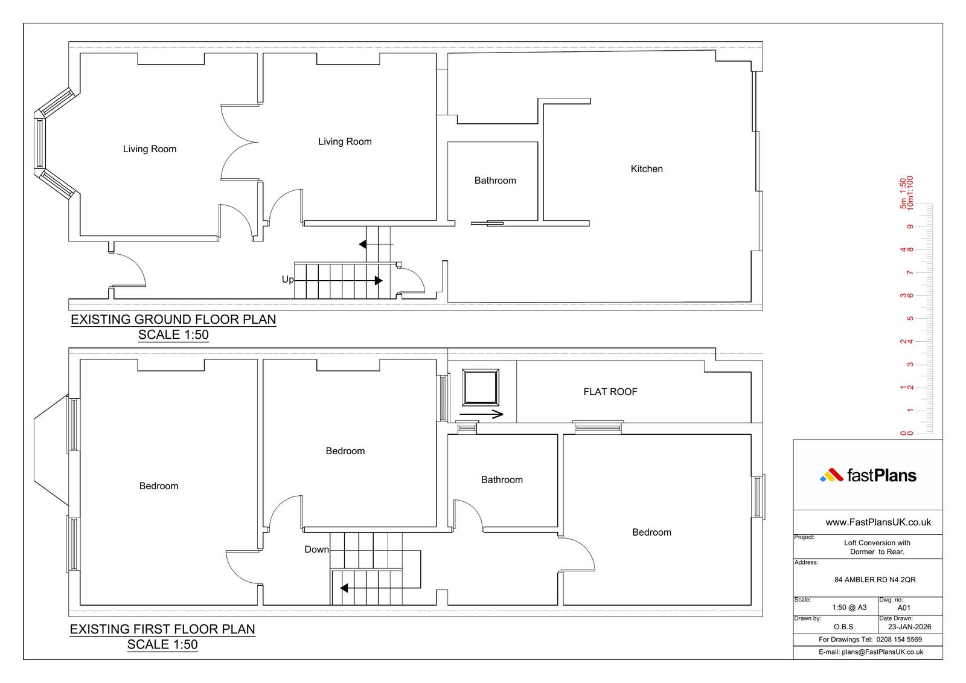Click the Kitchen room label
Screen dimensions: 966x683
(x=647, y=168)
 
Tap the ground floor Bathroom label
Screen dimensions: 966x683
(x=495, y=181)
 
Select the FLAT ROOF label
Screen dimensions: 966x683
(x=610, y=392)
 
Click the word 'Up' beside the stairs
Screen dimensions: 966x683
(x=287, y=280)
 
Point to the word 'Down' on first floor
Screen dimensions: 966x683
(x=316, y=550)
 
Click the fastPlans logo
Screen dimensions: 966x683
(x=868, y=475)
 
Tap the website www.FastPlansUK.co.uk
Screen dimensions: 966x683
(x=878, y=522)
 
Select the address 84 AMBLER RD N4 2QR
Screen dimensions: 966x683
(x=875, y=580)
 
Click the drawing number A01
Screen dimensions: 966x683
(x=904, y=608)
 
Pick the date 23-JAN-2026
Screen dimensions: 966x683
(x=909, y=627)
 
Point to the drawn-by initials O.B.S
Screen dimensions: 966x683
(x=843, y=627)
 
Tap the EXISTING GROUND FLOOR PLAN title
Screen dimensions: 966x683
(x=173, y=319)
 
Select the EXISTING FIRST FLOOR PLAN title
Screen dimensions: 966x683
(x=162, y=629)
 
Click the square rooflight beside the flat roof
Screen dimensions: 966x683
(x=481, y=388)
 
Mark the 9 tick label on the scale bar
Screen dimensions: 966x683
(x=910, y=227)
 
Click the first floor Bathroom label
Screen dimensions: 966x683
(x=502, y=479)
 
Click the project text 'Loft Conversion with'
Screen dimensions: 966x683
(x=877, y=543)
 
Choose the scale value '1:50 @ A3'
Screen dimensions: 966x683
(x=849, y=608)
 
